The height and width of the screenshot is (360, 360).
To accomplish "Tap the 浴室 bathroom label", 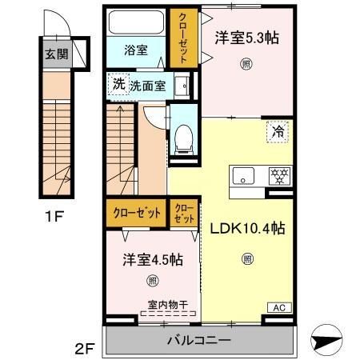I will pos(135,50).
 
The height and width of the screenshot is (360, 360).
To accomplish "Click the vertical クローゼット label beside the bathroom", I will pos(182,38).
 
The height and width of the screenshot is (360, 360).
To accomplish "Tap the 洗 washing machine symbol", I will pos(118,82).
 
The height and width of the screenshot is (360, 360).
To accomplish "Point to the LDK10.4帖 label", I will pos(247,226).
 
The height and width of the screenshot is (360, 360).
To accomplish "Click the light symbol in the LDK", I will pos(247,258).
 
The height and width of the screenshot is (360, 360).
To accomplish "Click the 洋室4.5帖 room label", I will pos(151,260).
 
